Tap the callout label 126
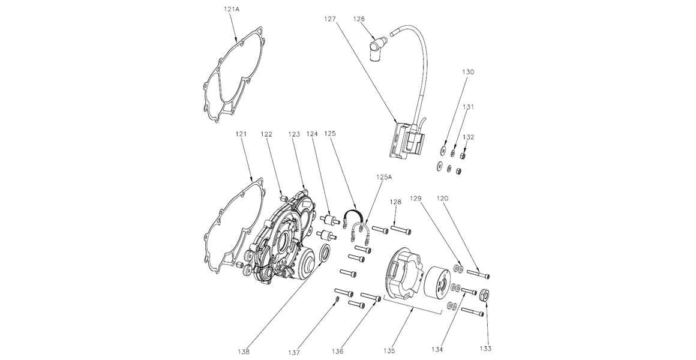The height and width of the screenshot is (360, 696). (x=359, y=19)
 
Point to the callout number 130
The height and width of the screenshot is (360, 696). (x=468, y=72)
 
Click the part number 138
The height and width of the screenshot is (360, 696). (x=244, y=351)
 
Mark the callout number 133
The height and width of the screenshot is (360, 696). (x=485, y=348)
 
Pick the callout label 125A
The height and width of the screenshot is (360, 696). (x=384, y=178)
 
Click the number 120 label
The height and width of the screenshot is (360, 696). (x=442, y=197)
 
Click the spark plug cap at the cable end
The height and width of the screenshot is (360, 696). (x=376, y=45)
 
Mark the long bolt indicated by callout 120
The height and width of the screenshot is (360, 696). (x=478, y=275)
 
